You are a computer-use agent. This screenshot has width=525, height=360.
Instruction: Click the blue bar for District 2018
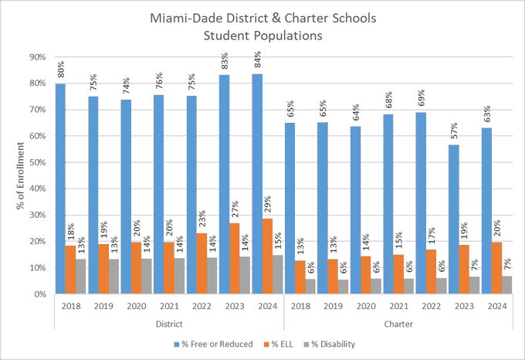tap(60, 188)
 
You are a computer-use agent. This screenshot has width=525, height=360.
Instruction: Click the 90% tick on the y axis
tap(36, 57)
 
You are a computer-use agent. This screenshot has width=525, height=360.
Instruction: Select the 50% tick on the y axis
tap(36, 162)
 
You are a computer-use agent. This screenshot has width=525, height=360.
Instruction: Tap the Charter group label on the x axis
tap(399, 324)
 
